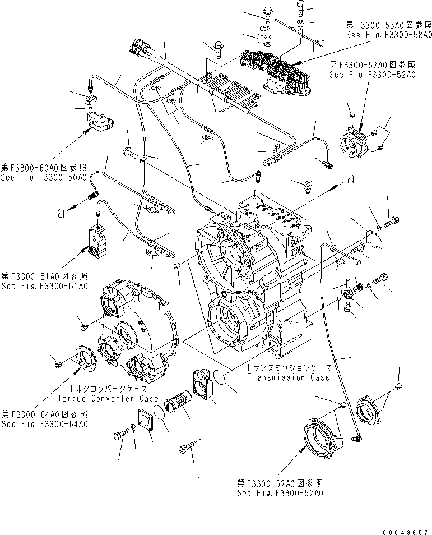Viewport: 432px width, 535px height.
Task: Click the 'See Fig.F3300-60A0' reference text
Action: (x=44, y=177)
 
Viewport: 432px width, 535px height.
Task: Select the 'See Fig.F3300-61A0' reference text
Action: (x=44, y=286)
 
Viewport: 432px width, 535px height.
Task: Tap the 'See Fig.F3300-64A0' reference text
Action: (x=44, y=424)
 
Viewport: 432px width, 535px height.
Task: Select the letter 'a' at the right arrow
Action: (x=351, y=179)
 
